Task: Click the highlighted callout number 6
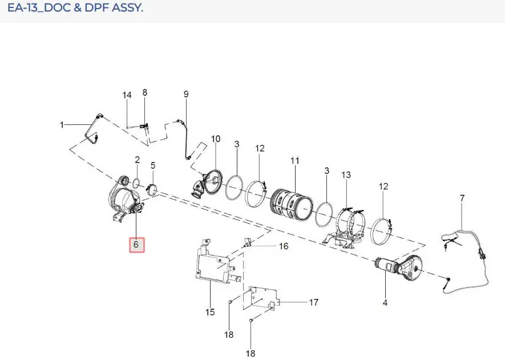click(136, 245)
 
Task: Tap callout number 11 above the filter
click(294, 160)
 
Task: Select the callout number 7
click(462, 198)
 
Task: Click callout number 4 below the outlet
click(385, 303)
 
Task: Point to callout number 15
click(209, 312)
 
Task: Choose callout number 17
click(314, 302)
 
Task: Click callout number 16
click(284, 246)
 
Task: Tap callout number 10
click(216, 139)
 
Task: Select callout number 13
click(346, 175)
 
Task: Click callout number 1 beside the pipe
click(62, 124)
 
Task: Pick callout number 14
click(127, 95)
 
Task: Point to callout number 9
click(186, 94)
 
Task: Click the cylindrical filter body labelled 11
click(292, 205)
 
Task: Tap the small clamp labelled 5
click(151, 189)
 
